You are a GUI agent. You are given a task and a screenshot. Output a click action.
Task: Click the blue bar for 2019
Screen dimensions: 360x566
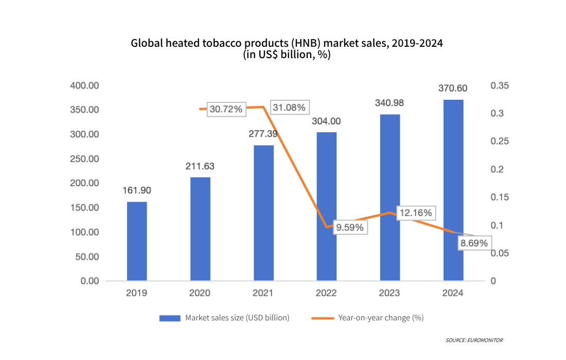[x=136, y=241]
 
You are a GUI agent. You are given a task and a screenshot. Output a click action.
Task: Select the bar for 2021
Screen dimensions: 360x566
[x=263, y=213]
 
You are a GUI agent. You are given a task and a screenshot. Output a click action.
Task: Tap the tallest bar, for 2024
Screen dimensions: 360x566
[x=453, y=190]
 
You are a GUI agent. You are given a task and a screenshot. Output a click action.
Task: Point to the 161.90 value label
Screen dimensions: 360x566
[x=136, y=190]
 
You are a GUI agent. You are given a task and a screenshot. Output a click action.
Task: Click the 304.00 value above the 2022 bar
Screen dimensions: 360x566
[x=326, y=121]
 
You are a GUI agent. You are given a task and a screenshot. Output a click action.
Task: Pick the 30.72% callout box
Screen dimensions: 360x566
[x=225, y=109]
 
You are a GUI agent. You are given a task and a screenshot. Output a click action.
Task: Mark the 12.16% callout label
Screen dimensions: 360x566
[x=415, y=213]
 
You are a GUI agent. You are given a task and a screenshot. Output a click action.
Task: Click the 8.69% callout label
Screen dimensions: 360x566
[x=473, y=243]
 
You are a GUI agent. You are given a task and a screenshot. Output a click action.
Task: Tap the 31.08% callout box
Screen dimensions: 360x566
[x=289, y=107]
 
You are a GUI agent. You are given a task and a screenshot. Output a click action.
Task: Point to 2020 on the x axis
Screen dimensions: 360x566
[x=200, y=293]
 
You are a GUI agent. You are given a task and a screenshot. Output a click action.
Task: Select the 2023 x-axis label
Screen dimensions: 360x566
[x=390, y=293]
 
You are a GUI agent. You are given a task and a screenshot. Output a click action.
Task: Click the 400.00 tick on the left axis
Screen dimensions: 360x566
[x=85, y=85]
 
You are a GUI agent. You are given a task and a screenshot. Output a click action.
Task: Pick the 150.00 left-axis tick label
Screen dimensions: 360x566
[x=85, y=208]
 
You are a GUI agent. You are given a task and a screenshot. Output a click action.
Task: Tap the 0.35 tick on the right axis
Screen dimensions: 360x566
[x=499, y=85]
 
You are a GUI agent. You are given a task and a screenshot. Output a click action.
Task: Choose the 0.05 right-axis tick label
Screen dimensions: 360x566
[x=499, y=253]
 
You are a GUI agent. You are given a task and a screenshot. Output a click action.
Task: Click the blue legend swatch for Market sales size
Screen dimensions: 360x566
[x=170, y=318]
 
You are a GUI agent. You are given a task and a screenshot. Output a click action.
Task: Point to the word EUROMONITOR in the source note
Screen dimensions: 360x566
[x=486, y=340]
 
